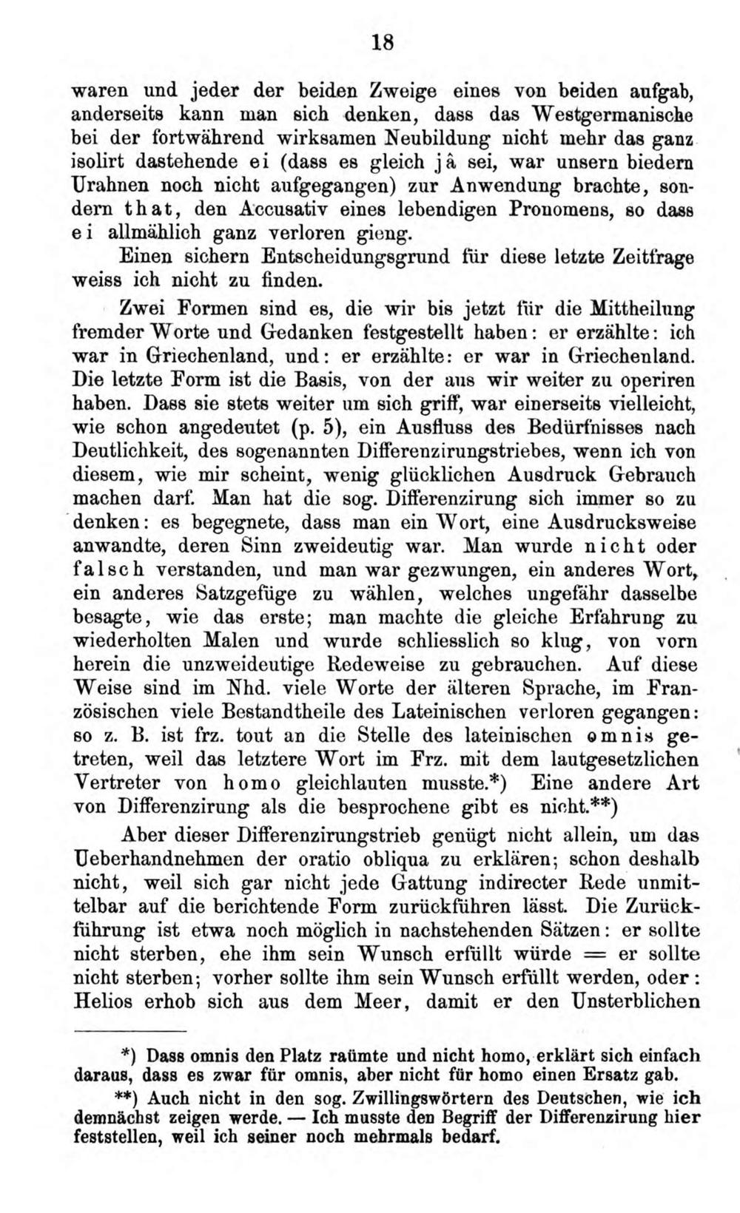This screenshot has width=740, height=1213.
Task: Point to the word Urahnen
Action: point(105,185)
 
